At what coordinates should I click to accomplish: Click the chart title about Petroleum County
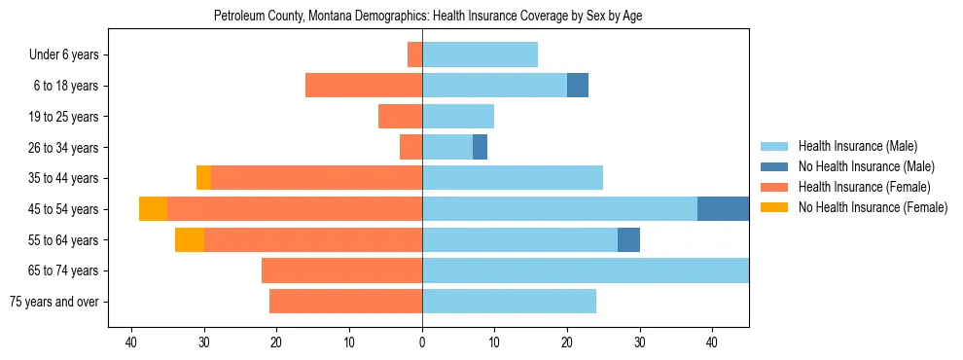[428, 17]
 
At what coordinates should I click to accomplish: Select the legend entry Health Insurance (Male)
[856, 147]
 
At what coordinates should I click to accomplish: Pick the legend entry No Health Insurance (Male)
[863, 166]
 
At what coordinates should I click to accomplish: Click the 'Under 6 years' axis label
[64, 55]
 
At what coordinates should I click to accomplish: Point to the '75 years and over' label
[54, 302]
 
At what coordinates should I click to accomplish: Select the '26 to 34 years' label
[63, 148]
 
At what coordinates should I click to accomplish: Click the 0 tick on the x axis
[422, 342]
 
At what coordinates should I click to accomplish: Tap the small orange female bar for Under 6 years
[414, 54]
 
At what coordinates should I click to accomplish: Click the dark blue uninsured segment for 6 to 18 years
[578, 86]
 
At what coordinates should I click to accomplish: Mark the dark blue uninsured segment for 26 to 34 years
[480, 147]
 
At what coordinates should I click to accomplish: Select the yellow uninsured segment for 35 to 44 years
[203, 178]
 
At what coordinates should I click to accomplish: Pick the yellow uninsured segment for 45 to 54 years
[153, 209]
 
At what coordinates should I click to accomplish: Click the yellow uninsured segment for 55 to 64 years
[190, 239]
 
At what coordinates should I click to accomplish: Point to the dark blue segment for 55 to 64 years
[628, 239]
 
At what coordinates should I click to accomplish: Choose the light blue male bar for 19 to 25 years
[458, 117]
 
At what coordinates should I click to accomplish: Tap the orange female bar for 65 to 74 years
[341, 270]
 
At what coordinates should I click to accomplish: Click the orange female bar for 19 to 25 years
[400, 117]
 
